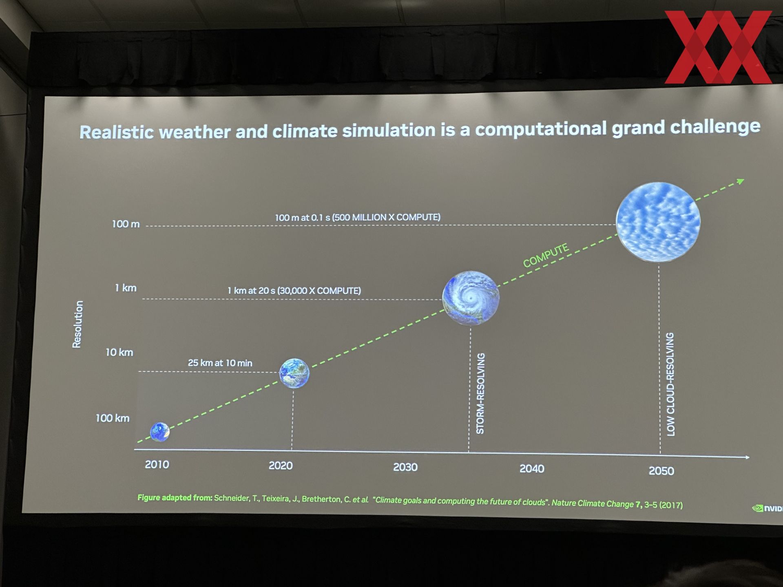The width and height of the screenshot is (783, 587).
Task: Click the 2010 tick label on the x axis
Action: click(x=157, y=464)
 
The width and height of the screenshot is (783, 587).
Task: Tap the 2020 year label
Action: click(x=281, y=466)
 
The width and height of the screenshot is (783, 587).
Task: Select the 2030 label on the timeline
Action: click(x=405, y=467)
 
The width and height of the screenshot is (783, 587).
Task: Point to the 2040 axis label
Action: click(x=532, y=469)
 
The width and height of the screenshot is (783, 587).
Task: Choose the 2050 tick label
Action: click(x=661, y=471)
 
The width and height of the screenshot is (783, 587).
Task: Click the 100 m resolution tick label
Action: click(x=126, y=224)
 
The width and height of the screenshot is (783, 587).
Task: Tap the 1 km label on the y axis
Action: click(x=126, y=288)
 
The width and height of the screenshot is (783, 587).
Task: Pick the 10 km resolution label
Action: click(x=119, y=352)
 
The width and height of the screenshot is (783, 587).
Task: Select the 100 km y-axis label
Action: click(x=113, y=418)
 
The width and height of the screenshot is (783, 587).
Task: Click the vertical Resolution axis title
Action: click(x=77, y=324)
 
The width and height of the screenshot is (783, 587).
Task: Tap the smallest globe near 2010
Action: click(x=160, y=432)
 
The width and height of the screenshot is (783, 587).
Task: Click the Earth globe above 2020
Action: click(x=294, y=373)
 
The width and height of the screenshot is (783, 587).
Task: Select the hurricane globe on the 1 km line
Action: click(x=471, y=298)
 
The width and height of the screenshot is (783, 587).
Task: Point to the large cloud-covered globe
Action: click(x=658, y=222)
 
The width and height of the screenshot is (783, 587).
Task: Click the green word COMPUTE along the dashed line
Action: click(x=546, y=256)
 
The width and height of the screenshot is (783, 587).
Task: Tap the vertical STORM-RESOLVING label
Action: click(x=480, y=393)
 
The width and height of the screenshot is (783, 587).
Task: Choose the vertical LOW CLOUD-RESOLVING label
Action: click(x=670, y=384)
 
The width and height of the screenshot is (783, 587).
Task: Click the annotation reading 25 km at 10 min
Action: click(x=220, y=363)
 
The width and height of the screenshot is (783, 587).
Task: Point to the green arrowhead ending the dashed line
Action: click(x=740, y=182)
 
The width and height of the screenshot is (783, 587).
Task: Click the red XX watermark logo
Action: click(x=718, y=47)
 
